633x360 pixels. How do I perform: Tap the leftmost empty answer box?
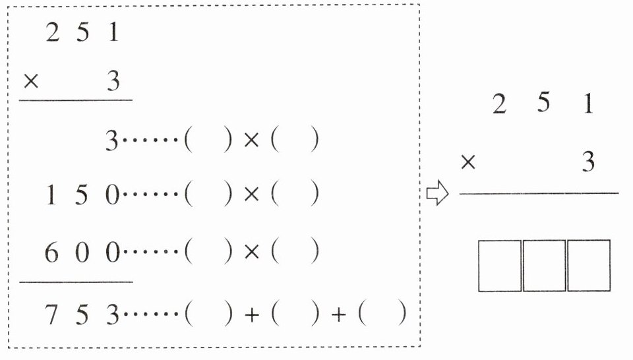pyautogui.click(x=500, y=266)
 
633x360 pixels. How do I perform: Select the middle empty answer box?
pyautogui.click(x=544, y=266)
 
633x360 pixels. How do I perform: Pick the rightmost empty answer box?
pyautogui.click(x=588, y=266)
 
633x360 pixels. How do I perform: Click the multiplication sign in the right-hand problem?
pyautogui.click(x=467, y=162)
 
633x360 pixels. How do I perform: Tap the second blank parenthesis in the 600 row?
pyautogui.click(x=297, y=253)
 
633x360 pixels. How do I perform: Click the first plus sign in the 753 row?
pyautogui.click(x=251, y=316)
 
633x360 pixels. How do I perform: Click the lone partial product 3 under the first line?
pyautogui.click(x=112, y=141)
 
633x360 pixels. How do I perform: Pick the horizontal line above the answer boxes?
pyautogui.click(x=539, y=193)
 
